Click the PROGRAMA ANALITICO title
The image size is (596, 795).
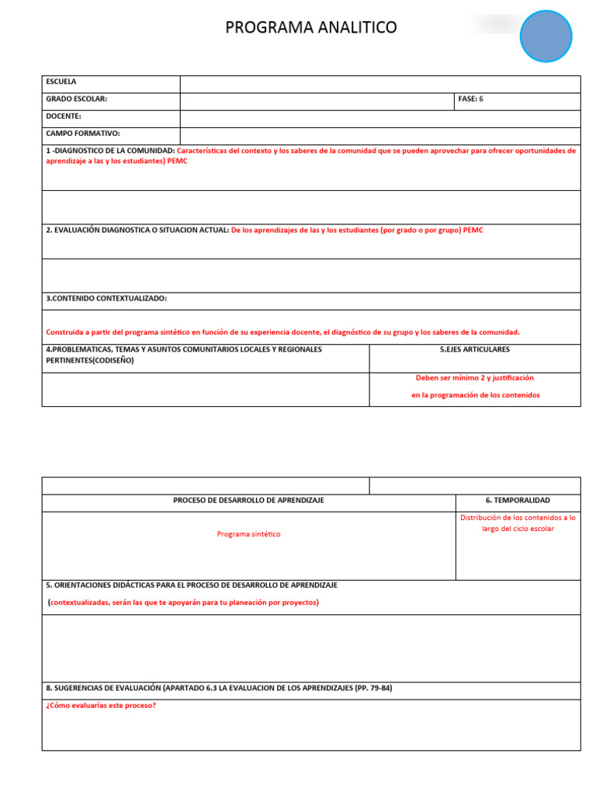310,28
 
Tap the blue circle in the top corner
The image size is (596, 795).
546,36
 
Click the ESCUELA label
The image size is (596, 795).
61,82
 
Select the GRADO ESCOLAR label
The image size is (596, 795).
77,99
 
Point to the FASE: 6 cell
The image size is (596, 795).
470,99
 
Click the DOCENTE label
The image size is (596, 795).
64,116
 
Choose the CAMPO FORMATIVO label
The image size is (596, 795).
83,134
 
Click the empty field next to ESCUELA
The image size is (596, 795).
380,84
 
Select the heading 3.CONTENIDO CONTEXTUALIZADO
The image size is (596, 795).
106,298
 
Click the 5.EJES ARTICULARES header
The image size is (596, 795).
474,349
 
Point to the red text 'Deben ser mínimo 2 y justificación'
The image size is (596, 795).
474,377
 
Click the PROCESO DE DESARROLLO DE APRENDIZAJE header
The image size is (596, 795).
248,500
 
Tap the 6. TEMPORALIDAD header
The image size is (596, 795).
518,500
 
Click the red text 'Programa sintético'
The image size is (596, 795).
248,534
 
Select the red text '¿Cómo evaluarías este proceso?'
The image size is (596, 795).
101,706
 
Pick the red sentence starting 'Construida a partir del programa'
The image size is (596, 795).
282,332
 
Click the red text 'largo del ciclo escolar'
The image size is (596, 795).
518,529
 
